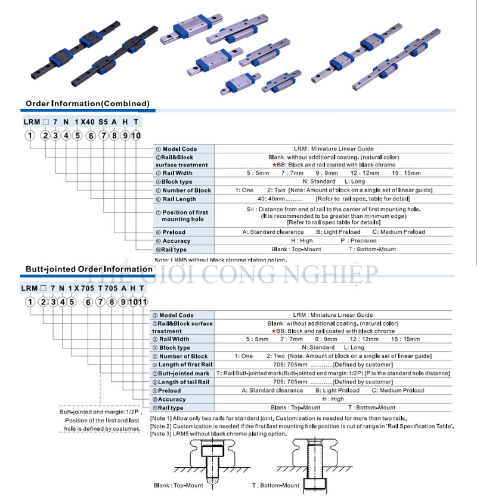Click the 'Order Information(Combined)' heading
tap(87, 104)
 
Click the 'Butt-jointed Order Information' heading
tap(89, 269)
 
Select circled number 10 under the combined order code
tap(135, 135)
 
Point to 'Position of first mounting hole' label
tap(184, 215)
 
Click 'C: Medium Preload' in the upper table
tap(398, 232)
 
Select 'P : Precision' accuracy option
tap(358, 241)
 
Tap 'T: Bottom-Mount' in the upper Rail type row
tap(372, 249)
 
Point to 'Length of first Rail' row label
tap(185, 365)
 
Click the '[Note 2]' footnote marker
tap(162, 426)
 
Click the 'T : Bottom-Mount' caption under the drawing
tap(275, 485)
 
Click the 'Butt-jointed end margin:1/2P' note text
tap(100, 412)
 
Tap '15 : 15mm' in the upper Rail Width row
tap(405, 173)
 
